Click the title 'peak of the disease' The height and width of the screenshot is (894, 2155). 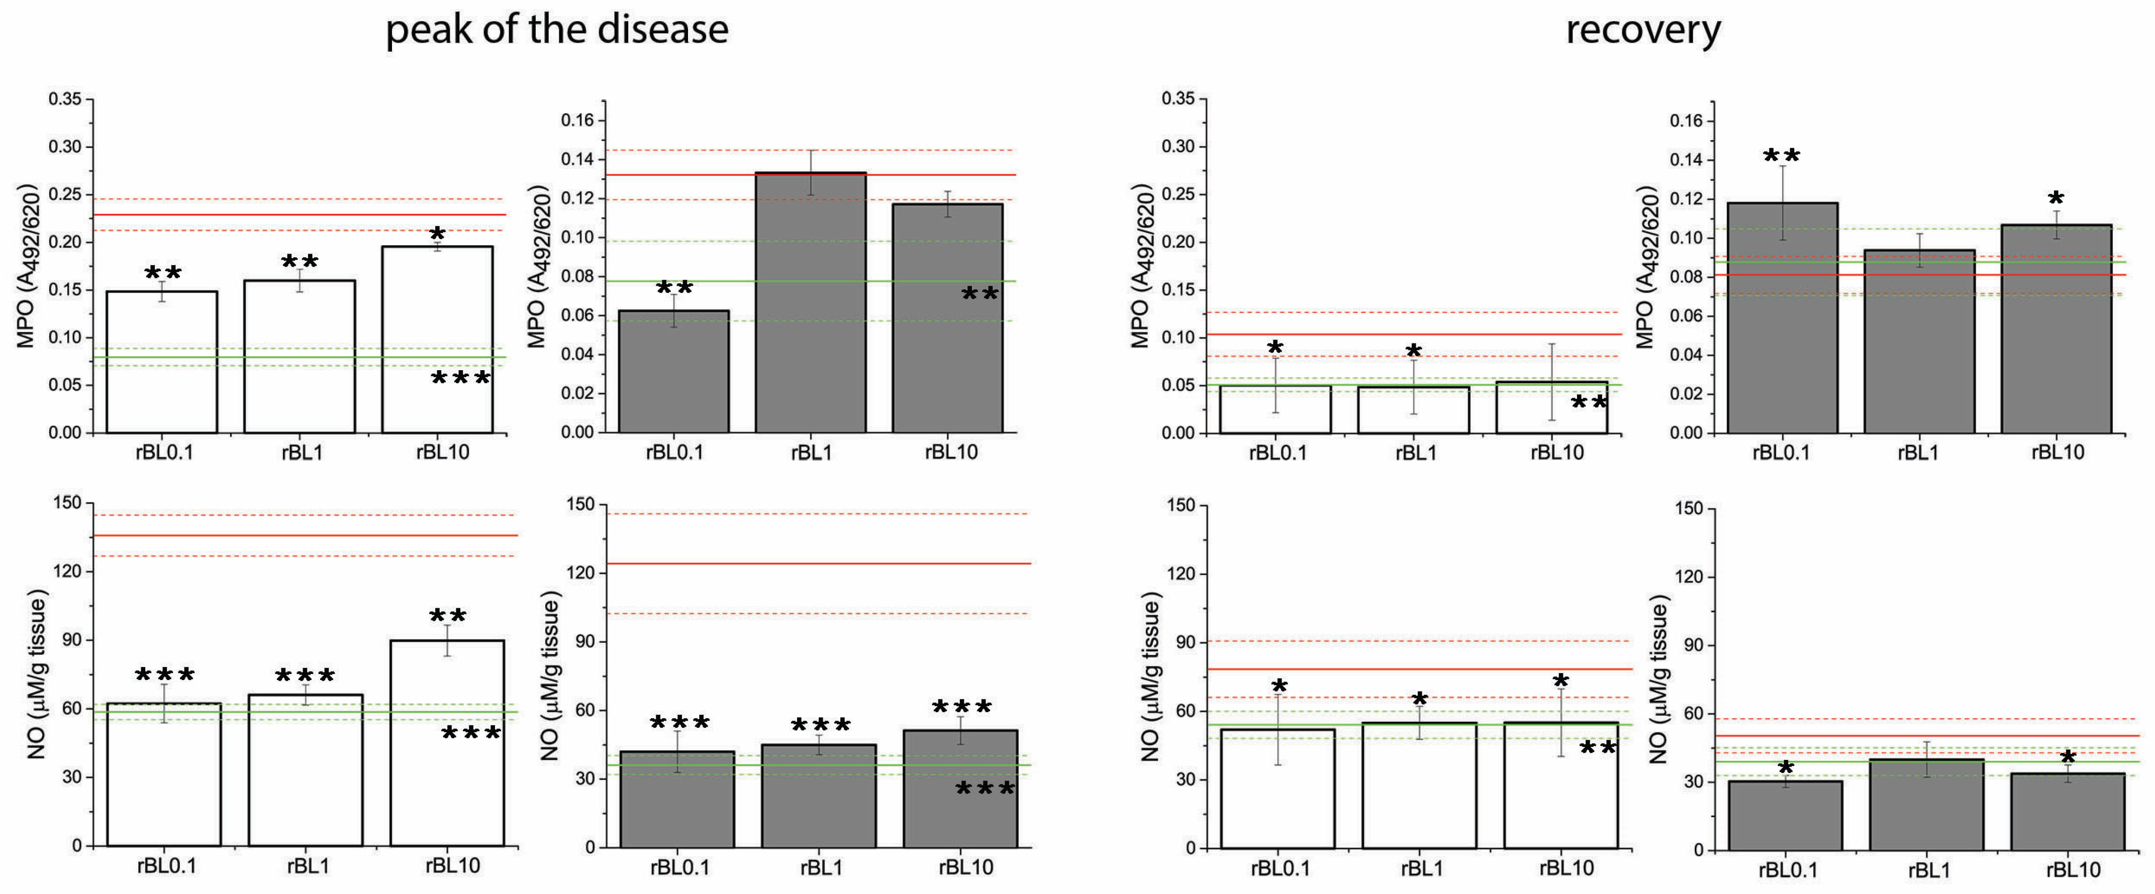(x=556, y=30)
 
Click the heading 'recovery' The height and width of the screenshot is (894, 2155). (x=1642, y=30)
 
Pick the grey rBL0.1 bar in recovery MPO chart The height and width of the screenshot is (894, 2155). (x=1782, y=318)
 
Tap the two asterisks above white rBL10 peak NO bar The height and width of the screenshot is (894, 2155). (x=448, y=616)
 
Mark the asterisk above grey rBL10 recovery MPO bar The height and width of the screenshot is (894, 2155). (x=2055, y=199)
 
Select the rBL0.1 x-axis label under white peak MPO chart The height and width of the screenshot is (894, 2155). (x=164, y=453)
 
